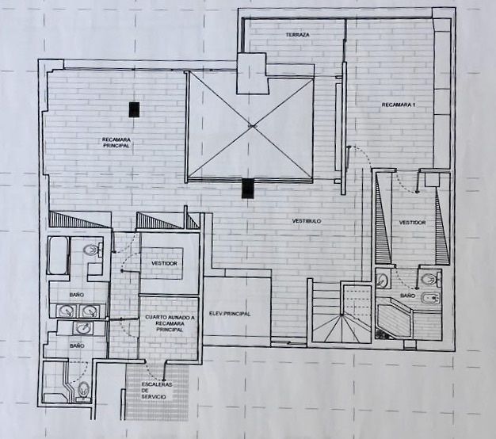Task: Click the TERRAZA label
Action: point(297,35)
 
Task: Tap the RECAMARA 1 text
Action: point(398,105)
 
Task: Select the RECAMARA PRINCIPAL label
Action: point(116,143)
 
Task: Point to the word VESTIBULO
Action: point(306,221)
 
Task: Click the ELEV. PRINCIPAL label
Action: point(230,314)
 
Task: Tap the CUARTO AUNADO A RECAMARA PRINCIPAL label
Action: point(170,323)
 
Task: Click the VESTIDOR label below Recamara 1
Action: point(412,223)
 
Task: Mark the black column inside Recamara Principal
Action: point(134,109)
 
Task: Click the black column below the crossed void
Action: point(248,189)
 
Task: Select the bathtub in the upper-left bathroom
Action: point(59,256)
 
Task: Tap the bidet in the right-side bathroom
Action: point(430,299)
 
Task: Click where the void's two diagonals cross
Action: point(251,127)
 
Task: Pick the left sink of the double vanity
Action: point(67,311)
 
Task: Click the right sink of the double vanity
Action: point(90,311)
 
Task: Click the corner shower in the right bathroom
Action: point(393,319)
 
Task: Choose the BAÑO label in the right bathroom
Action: point(407,296)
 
